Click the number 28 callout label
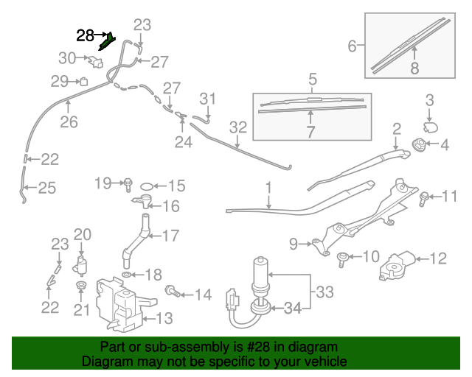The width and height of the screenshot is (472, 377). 86,35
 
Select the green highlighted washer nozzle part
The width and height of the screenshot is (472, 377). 107,41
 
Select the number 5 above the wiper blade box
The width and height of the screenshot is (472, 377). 313,78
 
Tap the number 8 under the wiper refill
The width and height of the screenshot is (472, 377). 414,68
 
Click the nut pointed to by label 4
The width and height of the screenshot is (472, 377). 418,145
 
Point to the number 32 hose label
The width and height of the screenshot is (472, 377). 237,127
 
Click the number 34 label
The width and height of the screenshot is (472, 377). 293,309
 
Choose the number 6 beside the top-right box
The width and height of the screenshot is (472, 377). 353,47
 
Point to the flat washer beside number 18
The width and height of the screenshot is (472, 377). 128,275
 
